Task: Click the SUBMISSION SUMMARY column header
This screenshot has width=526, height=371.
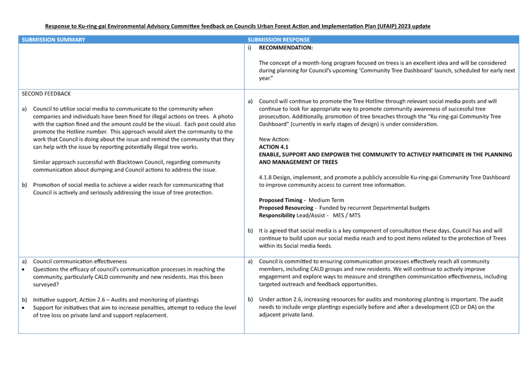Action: point(53,40)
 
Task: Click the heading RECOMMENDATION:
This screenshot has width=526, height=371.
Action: point(286,48)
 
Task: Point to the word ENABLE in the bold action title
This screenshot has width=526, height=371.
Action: point(269,154)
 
